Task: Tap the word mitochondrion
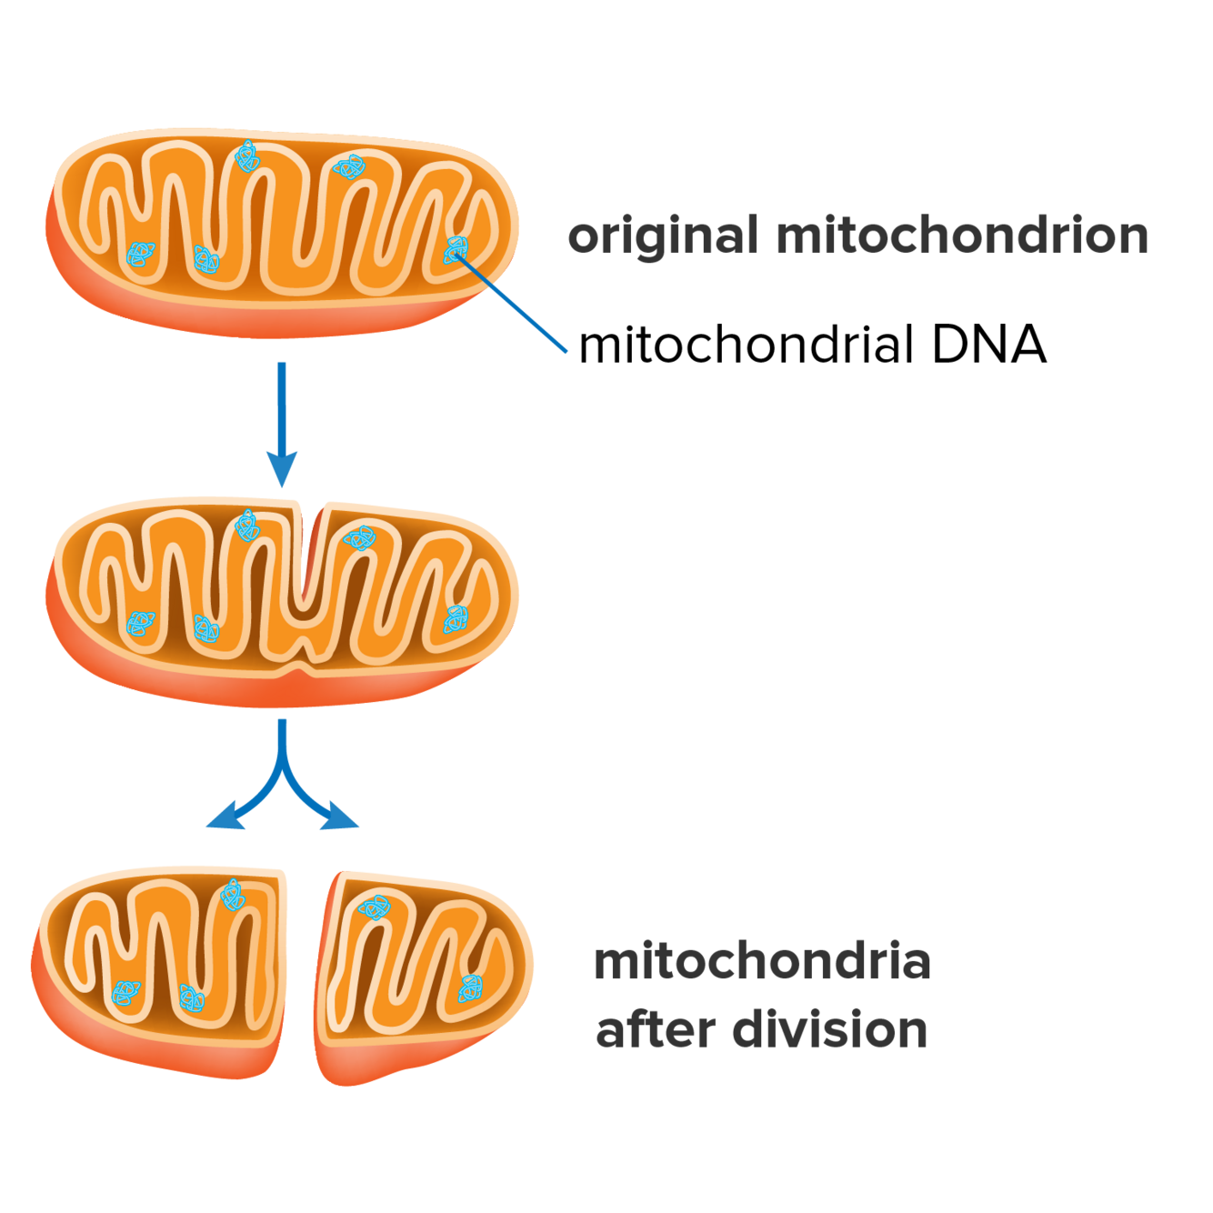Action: (962, 236)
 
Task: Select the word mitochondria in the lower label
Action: (762, 962)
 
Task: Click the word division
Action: (829, 1030)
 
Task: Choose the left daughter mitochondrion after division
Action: (164, 968)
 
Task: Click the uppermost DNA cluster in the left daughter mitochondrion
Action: (234, 895)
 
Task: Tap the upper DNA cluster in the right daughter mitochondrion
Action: (374, 907)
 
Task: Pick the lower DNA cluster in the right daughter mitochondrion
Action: (470, 987)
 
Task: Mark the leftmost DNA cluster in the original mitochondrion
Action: (139, 254)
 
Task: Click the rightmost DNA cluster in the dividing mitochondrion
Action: (456, 619)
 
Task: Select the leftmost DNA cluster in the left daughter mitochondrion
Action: (125, 993)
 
